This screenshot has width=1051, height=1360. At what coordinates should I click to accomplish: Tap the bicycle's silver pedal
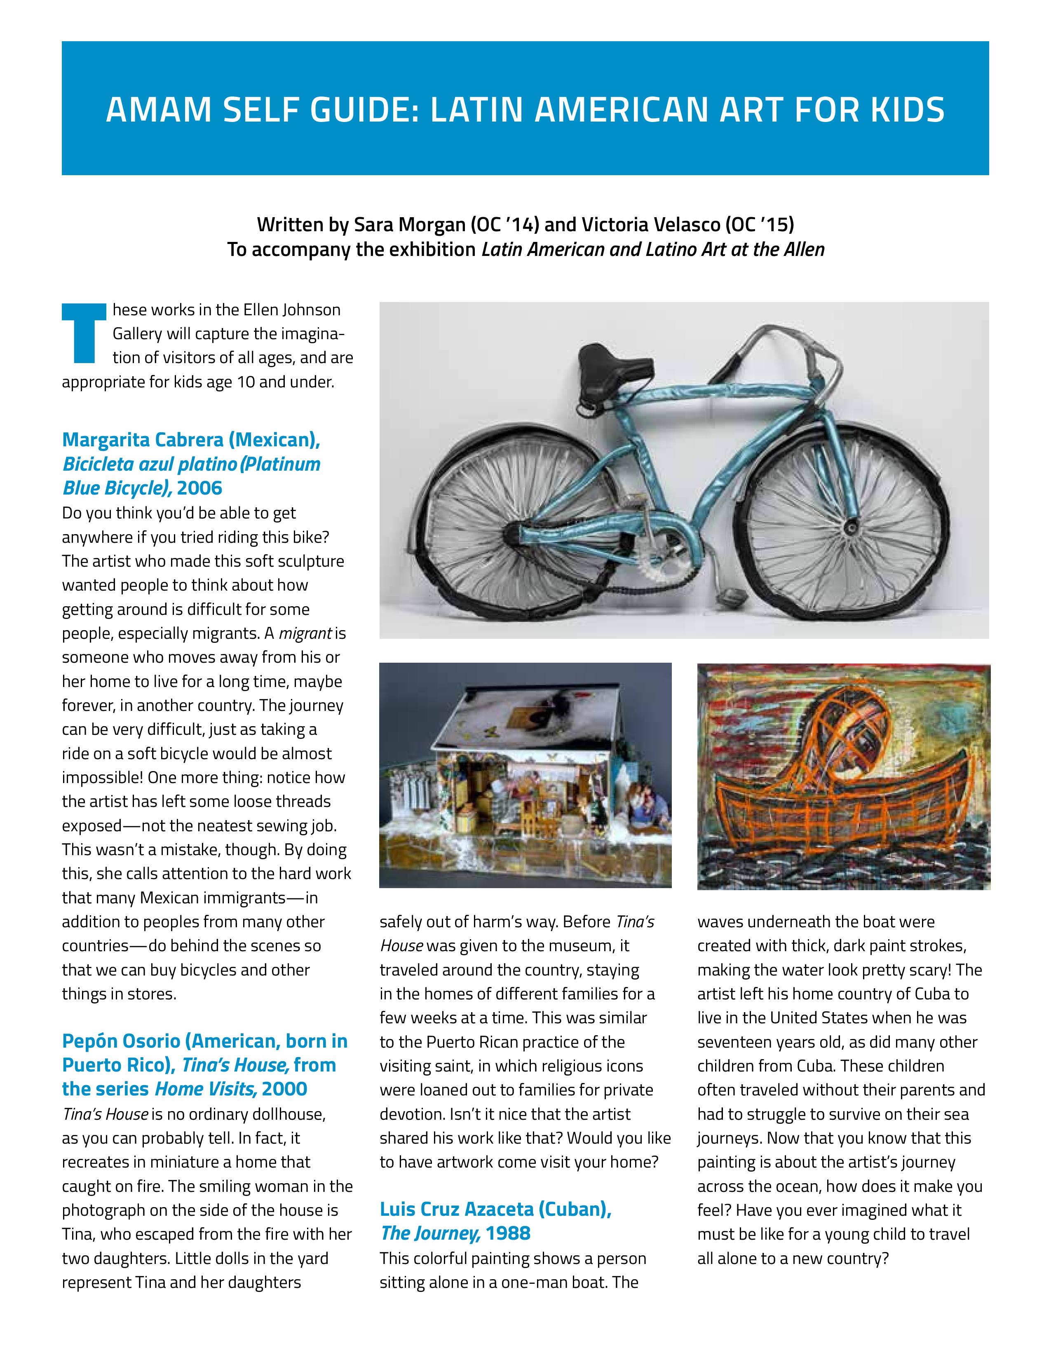click(x=730, y=599)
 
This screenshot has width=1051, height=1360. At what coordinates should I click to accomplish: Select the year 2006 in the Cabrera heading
click(x=199, y=488)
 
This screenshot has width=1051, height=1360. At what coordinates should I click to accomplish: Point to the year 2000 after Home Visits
click(x=284, y=1089)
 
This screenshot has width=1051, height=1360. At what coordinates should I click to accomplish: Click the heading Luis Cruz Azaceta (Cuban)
click(x=495, y=1209)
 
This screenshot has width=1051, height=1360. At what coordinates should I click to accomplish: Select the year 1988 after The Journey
click(x=508, y=1233)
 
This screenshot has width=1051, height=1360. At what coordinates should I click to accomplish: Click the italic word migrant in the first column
click(x=305, y=633)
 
